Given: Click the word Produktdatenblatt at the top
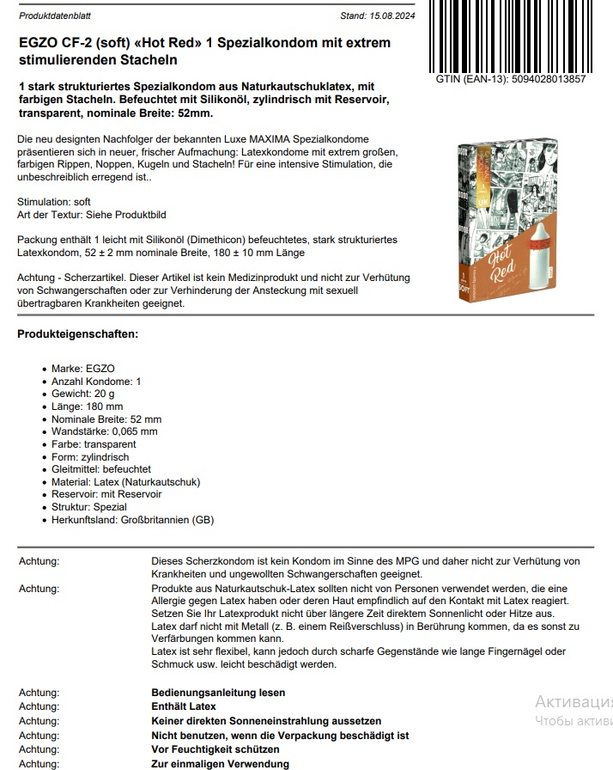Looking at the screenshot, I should click(x=55, y=15).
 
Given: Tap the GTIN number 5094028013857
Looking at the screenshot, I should click(x=531, y=79).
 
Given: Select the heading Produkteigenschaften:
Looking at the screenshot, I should click(x=77, y=333).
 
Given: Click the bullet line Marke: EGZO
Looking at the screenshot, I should click(x=82, y=369).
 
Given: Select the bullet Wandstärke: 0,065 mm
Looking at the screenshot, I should click(x=104, y=431).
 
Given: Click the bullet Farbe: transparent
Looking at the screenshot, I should click(x=93, y=444).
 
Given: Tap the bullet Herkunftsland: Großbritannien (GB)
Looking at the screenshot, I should click(x=132, y=520).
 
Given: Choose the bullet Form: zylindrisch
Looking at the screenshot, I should click(x=88, y=457).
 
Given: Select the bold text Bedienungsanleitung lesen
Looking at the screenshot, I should click(x=218, y=693).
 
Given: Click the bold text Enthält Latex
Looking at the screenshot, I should click(x=184, y=706).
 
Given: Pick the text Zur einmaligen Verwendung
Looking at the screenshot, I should click(x=220, y=764).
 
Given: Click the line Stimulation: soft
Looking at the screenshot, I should click(x=53, y=202).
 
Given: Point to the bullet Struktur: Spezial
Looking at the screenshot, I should click(x=88, y=507).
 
